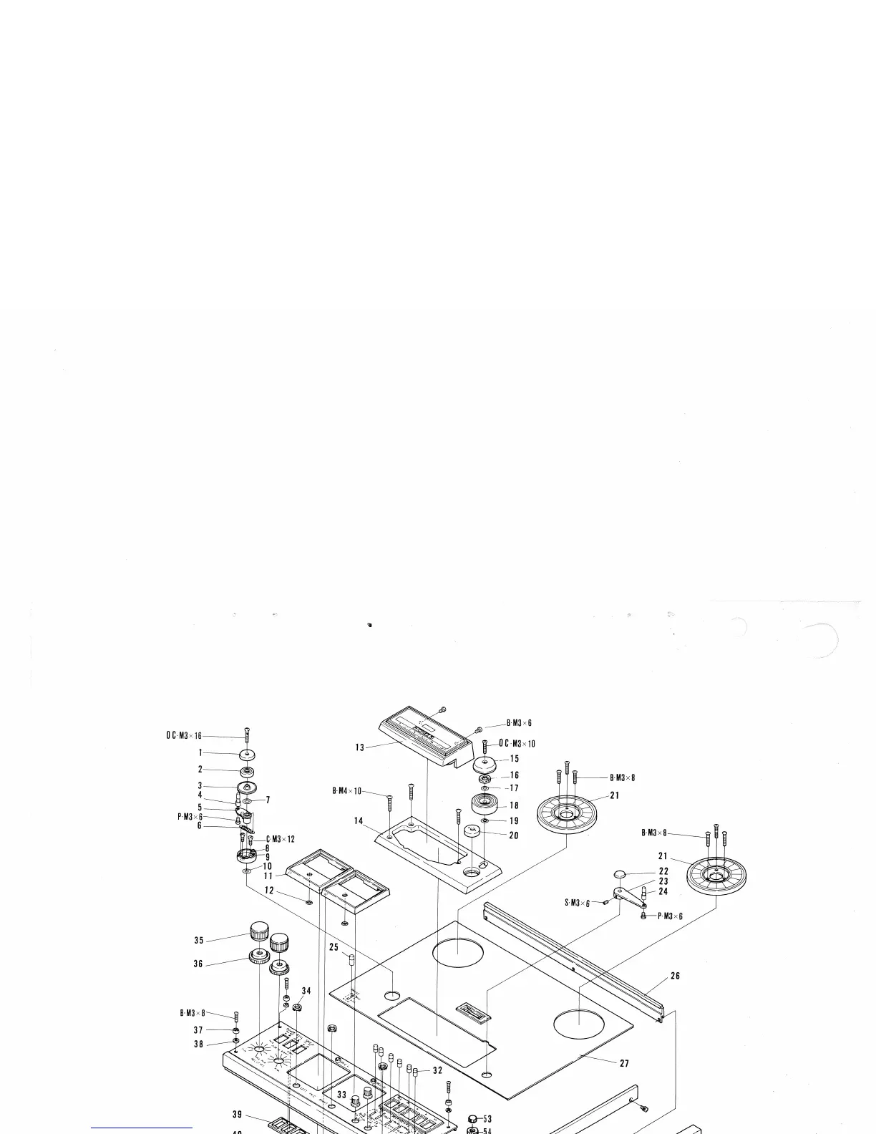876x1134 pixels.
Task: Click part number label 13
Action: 359,747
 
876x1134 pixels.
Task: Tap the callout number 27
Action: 624,1063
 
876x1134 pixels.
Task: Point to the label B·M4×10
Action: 346,791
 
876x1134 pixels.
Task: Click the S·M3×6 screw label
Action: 577,903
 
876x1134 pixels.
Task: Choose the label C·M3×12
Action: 281,839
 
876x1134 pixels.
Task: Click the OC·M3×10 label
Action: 517,744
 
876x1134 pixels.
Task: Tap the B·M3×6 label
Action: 519,723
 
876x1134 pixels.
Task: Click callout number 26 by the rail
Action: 675,976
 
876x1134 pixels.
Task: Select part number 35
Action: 198,941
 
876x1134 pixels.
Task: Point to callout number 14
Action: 359,820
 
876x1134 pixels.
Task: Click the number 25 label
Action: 334,947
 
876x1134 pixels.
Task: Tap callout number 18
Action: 514,805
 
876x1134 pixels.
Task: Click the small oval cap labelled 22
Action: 620,874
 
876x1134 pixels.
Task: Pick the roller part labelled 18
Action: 485,803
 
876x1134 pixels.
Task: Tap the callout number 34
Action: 306,992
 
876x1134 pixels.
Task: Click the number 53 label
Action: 487,1119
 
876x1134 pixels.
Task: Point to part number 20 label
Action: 514,835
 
